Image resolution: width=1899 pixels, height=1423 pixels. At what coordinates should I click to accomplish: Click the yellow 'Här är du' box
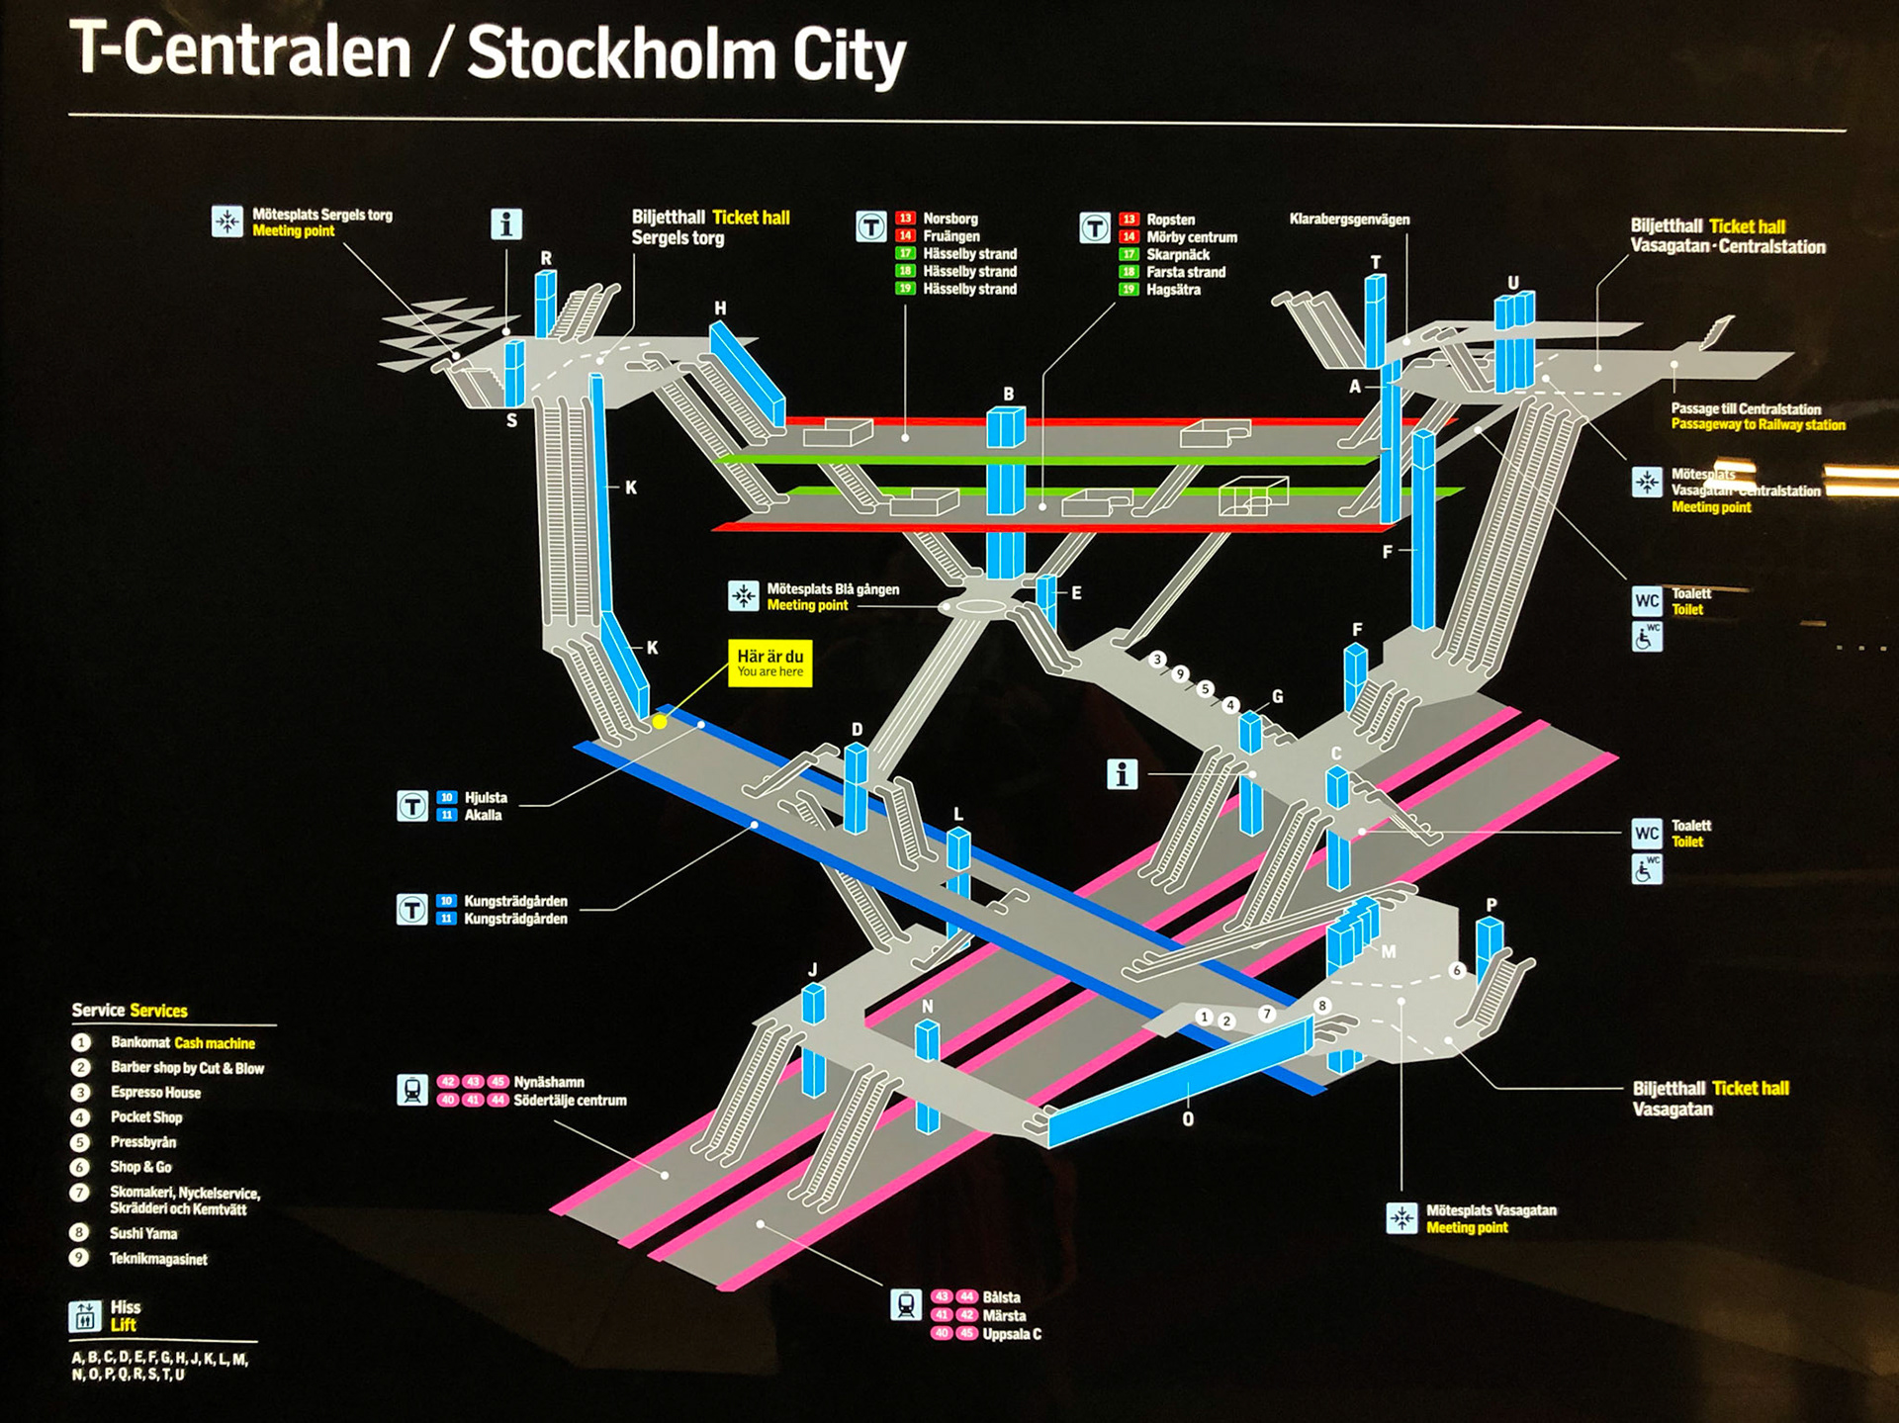click(769, 663)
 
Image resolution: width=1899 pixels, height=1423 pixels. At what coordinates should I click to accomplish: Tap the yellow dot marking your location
click(660, 722)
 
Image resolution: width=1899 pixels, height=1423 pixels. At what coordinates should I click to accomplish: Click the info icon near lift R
click(506, 224)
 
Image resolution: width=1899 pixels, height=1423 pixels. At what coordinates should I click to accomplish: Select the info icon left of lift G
click(1122, 774)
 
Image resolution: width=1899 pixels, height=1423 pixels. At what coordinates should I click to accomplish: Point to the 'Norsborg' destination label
click(949, 219)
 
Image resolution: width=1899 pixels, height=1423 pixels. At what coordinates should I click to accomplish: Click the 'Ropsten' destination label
click(1170, 220)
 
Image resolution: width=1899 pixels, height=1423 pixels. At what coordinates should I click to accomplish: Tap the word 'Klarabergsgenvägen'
click(1349, 220)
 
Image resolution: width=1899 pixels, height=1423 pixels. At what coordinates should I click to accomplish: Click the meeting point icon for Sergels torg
click(227, 222)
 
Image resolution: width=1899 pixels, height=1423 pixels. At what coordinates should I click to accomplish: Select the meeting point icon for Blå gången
click(743, 595)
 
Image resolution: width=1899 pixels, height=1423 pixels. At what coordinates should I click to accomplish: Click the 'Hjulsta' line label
click(486, 798)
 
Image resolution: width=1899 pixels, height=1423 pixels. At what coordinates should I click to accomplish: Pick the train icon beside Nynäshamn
click(412, 1090)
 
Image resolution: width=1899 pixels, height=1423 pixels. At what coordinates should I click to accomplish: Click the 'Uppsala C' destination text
click(1011, 1334)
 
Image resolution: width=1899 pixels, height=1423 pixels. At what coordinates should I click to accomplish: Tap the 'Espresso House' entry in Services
click(155, 1093)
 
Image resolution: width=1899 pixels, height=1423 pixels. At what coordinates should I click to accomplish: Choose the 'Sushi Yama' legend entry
click(143, 1233)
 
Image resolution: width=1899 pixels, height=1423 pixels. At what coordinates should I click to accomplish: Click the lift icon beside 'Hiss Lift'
click(85, 1316)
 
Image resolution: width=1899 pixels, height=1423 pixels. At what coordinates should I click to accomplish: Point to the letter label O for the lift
click(1188, 1119)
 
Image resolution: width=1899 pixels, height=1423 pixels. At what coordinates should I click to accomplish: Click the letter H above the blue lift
click(720, 309)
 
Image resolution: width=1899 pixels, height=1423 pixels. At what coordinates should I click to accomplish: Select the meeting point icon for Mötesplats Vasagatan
click(1402, 1218)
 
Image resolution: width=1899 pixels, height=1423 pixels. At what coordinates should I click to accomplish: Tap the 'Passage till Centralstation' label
click(1746, 408)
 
